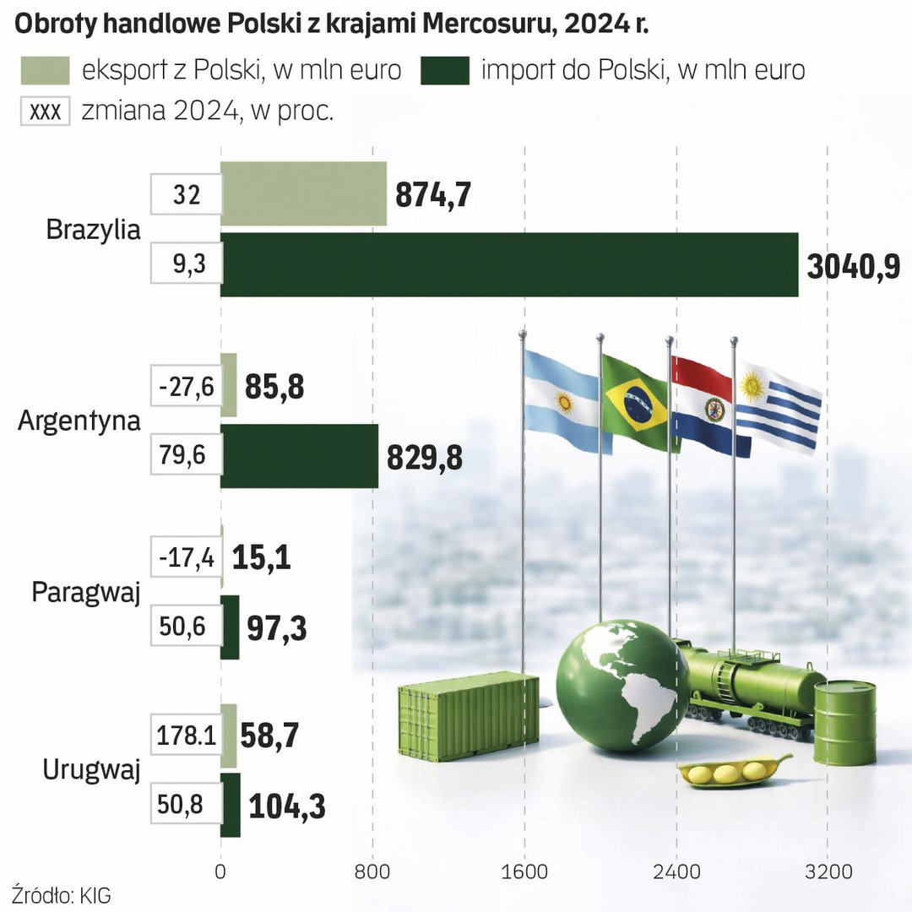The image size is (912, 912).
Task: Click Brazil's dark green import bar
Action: pyautogui.click(x=509, y=265)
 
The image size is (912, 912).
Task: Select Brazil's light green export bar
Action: pyautogui.click(x=304, y=193)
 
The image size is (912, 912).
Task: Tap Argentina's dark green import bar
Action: pyautogui.click(x=300, y=456)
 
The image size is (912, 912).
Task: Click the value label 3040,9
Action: pyautogui.click(x=853, y=267)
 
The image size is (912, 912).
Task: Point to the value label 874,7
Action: pyautogui.click(x=433, y=194)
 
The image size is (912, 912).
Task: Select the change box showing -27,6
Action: pyautogui.click(x=185, y=388)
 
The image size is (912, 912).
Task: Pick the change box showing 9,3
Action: pyautogui.click(x=186, y=266)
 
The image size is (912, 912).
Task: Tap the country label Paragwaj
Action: pyautogui.click(x=85, y=592)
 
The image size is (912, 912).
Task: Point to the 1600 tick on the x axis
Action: pyautogui.click(x=524, y=871)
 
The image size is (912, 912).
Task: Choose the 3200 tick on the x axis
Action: pyautogui.click(x=828, y=871)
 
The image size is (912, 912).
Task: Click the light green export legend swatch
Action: pyautogui.click(x=45, y=70)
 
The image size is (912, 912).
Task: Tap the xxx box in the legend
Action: pyautogui.click(x=45, y=112)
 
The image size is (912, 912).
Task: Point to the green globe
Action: pyautogui.click(x=622, y=685)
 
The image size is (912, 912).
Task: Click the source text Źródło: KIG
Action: pyautogui.click(x=62, y=895)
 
